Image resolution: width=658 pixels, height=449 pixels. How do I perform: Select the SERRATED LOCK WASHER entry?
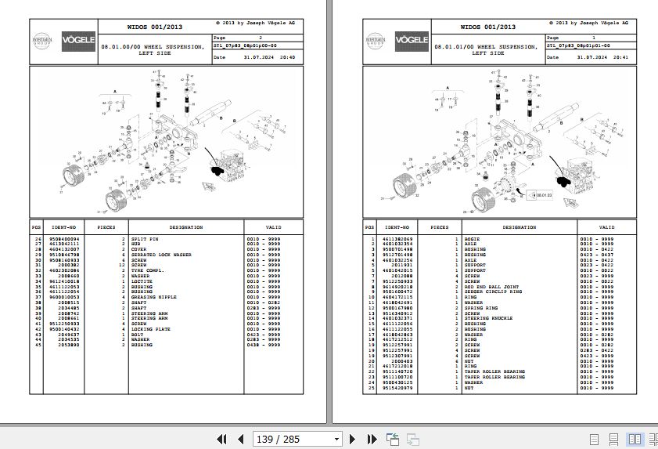click(160, 255)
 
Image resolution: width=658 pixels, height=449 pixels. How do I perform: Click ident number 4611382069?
click(397, 238)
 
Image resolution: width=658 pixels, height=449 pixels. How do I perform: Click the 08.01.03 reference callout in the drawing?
click(542, 193)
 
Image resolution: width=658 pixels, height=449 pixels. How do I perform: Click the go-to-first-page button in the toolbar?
click(222, 440)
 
